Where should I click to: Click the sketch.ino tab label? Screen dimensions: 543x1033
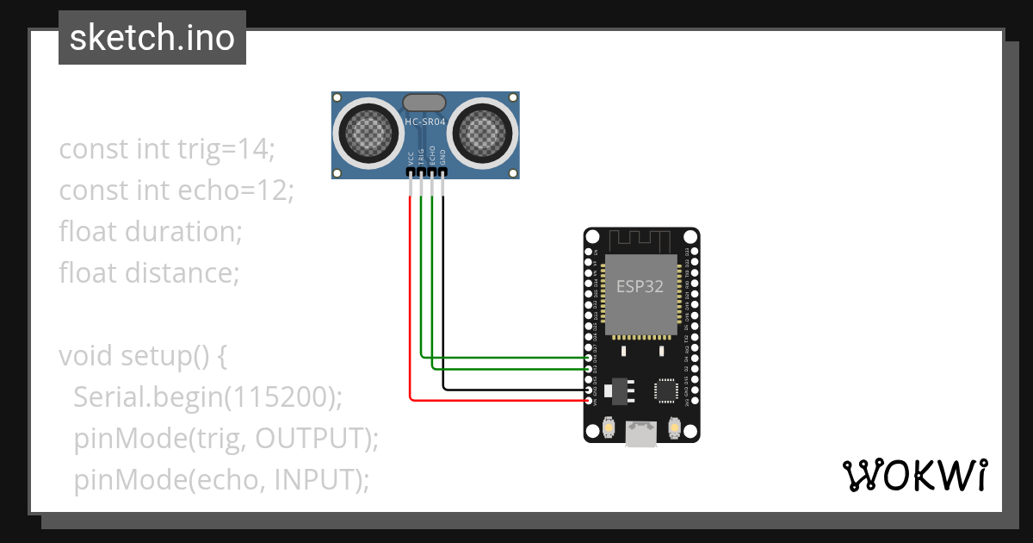tap(152, 38)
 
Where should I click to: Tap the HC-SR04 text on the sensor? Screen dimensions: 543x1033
tap(425, 122)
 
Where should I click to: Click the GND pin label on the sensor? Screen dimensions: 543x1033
tap(443, 158)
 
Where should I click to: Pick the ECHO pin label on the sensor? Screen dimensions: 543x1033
tap(432, 158)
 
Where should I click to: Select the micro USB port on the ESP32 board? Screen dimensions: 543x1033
tap(640, 434)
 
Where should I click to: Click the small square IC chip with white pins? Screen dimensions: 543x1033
tap(667, 390)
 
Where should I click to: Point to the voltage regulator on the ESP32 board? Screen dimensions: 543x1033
tap(616, 390)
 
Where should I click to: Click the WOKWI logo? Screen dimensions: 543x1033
tap(913, 475)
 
